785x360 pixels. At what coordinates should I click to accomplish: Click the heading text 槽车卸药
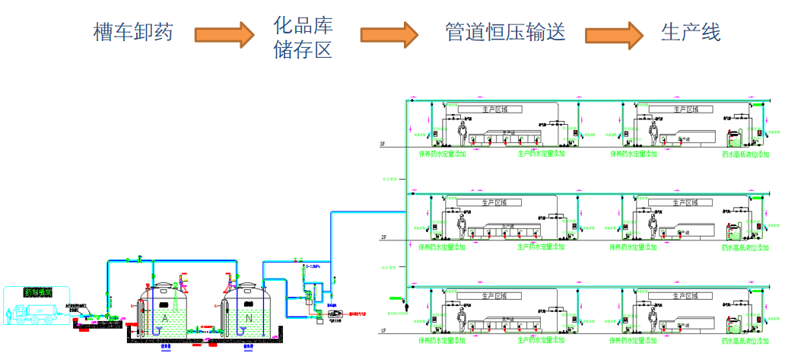[133, 33]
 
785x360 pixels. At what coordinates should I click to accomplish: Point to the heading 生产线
[691, 33]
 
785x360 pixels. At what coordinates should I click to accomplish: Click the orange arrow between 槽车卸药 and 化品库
[223, 33]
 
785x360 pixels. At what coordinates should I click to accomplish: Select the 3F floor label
[383, 145]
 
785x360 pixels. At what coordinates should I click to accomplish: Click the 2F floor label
[383, 238]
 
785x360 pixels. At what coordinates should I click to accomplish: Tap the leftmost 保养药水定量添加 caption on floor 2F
[442, 247]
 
